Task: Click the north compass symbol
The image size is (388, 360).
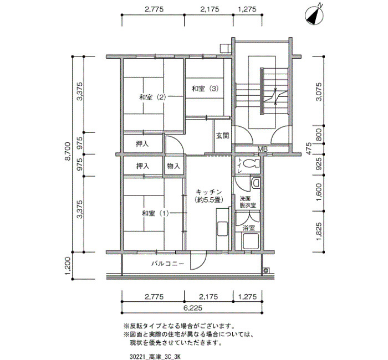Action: click(x=314, y=16)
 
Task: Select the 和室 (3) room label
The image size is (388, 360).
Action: click(x=206, y=88)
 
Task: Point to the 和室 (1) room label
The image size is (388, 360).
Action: click(x=155, y=213)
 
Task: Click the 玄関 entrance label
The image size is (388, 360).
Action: click(x=223, y=136)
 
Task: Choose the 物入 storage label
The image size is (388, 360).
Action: click(x=173, y=166)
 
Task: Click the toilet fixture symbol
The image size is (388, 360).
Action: click(x=251, y=163)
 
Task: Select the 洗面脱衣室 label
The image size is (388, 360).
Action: click(x=247, y=202)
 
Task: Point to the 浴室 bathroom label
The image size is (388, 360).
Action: click(x=248, y=228)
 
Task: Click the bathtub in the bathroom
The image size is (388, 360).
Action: click(x=251, y=241)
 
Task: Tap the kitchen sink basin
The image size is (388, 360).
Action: click(x=222, y=229)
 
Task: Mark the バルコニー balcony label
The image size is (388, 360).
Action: click(x=168, y=264)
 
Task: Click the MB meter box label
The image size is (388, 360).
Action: click(x=262, y=150)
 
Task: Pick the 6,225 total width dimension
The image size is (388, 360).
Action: click(x=193, y=308)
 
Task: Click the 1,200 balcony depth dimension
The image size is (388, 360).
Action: click(x=68, y=266)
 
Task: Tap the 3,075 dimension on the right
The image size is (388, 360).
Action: click(x=319, y=91)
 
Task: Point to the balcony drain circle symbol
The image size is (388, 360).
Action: click(x=266, y=270)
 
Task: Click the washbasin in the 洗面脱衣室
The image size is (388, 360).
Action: click(x=256, y=183)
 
